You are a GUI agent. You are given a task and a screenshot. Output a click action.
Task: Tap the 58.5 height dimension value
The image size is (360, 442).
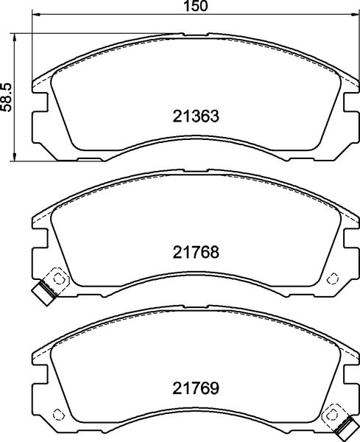tap(7, 97)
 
